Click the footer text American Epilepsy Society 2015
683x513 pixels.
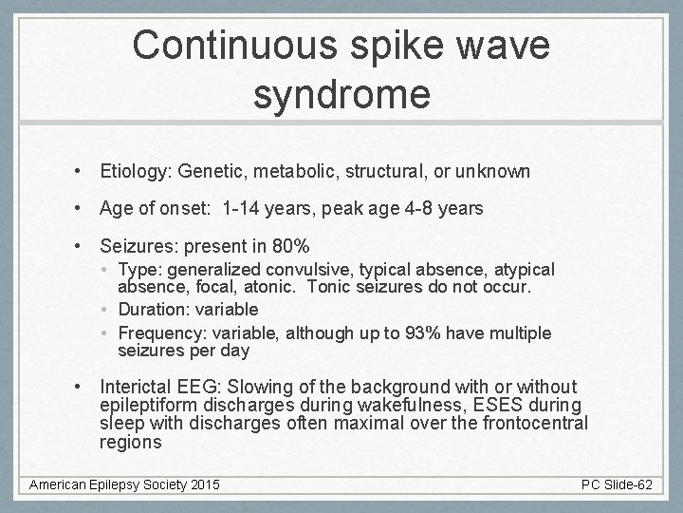tap(124, 485)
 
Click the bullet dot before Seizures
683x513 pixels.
tap(83, 247)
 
